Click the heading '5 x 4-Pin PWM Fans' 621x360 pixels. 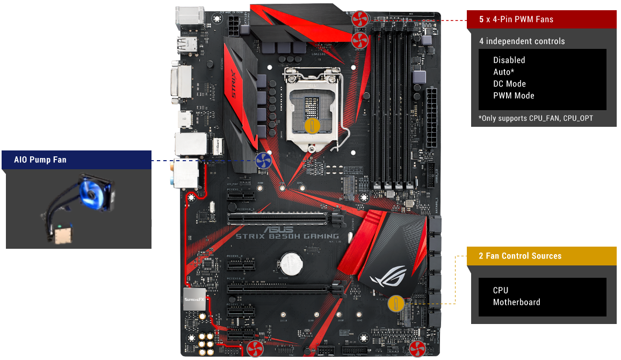[516, 19]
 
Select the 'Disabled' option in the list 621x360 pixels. [509, 60]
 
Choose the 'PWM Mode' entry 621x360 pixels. [514, 96]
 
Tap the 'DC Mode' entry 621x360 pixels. [509, 84]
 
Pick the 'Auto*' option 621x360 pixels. [503, 72]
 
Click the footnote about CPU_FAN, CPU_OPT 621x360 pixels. [536, 118]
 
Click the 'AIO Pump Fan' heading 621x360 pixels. [41, 160]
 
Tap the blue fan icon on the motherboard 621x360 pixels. [263, 160]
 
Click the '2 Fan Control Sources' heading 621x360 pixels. [520, 256]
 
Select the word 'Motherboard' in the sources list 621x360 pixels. [516, 302]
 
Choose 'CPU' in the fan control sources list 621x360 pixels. [500, 290]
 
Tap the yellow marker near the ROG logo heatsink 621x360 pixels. [395, 303]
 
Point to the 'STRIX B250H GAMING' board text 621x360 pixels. [287, 236]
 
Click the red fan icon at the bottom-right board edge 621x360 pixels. [417, 349]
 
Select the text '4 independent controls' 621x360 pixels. [522, 41]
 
